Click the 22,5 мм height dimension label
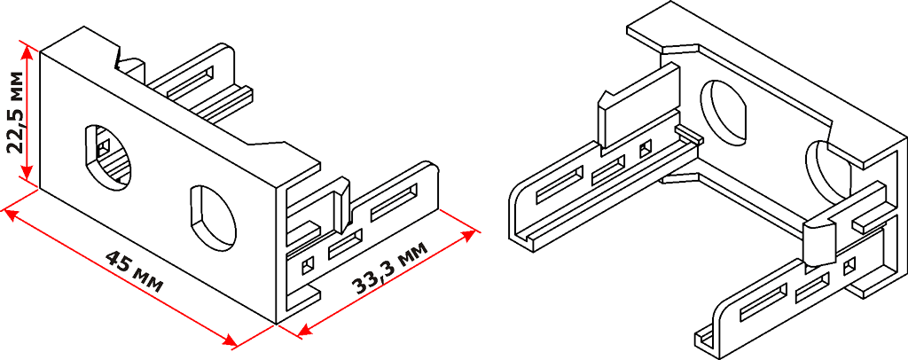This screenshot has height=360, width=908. click(x=16, y=114)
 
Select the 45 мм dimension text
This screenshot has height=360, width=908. click(x=134, y=271)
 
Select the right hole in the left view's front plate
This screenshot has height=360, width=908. click(x=213, y=215)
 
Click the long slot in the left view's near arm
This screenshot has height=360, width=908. click(x=395, y=204)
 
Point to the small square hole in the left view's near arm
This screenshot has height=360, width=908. click(x=308, y=264)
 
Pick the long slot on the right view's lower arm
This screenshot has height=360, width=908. click(x=762, y=304)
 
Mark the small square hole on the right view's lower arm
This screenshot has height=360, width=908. click(x=850, y=265)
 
